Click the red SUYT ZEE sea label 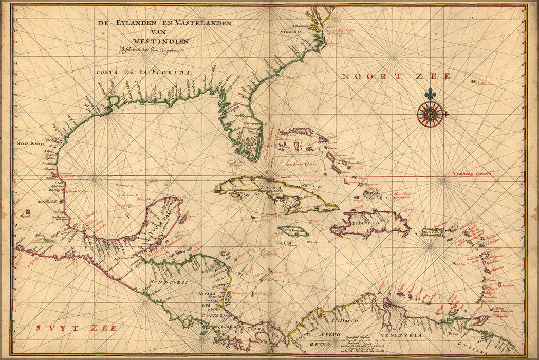coord(77,328)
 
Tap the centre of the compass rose coord(430,114)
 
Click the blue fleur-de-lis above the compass coord(430,94)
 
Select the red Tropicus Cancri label coord(472,174)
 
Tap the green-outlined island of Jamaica coord(293,232)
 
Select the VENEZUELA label coord(401,335)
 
